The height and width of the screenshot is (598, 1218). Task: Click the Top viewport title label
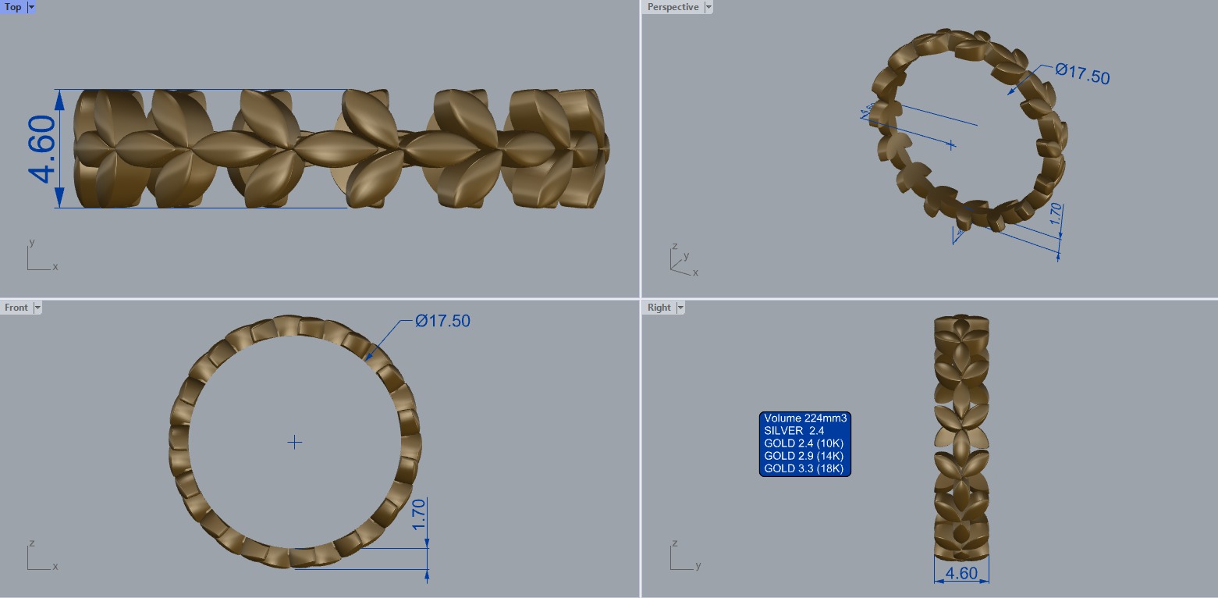[13, 7]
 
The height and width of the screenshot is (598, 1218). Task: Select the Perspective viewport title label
[673, 7]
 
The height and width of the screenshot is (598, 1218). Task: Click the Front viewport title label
[16, 308]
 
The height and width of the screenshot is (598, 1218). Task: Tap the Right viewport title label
[659, 308]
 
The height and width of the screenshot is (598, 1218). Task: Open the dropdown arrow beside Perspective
[708, 7]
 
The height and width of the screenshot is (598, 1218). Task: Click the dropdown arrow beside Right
[680, 308]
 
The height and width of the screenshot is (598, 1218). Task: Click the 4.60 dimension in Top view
[43, 148]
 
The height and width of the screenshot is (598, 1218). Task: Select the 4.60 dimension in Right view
[961, 573]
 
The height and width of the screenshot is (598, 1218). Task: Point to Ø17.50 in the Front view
[442, 321]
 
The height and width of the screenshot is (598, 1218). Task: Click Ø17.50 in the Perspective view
[1082, 73]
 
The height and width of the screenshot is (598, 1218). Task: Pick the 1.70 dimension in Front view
[419, 514]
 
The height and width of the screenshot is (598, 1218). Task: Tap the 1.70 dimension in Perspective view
[1056, 215]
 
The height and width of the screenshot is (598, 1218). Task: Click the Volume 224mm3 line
[805, 418]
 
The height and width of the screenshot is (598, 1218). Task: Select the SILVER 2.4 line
[794, 431]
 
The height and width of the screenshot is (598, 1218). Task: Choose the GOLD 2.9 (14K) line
[804, 456]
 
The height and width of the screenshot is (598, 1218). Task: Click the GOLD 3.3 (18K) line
[804, 468]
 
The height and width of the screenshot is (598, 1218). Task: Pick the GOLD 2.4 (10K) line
[804, 443]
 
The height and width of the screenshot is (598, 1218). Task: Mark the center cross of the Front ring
[294, 443]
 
